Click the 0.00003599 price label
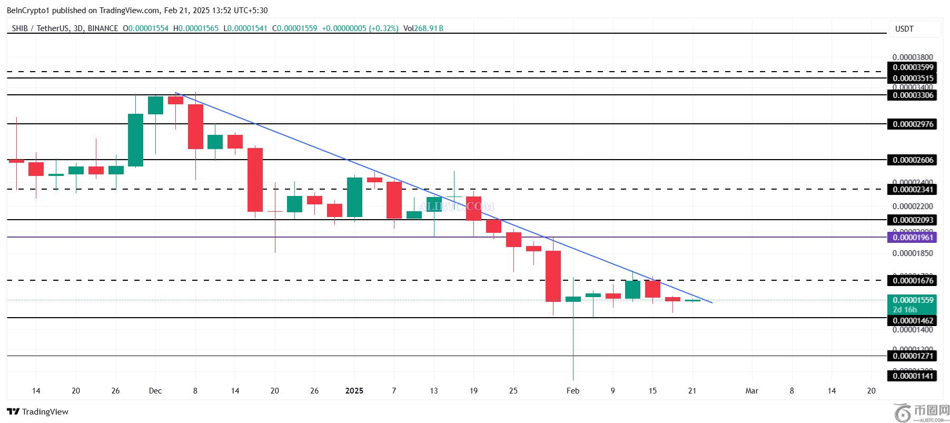(913, 67)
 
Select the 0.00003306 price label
(913, 95)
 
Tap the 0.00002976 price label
(913, 124)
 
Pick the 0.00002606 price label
(913, 160)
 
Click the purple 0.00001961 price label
(913, 238)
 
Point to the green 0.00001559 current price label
(913, 301)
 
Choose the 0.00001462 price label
(913, 320)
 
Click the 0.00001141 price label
(913, 376)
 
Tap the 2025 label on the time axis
(354, 391)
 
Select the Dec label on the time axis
(155, 391)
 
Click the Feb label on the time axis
(572, 391)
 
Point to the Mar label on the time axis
(752, 391)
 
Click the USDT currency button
(904, 29)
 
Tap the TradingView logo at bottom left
(38, 411)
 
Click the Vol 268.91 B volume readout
(423, 28)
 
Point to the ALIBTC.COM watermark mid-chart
(457, 206)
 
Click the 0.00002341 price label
(913, 190)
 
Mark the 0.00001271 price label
(913, 356)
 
